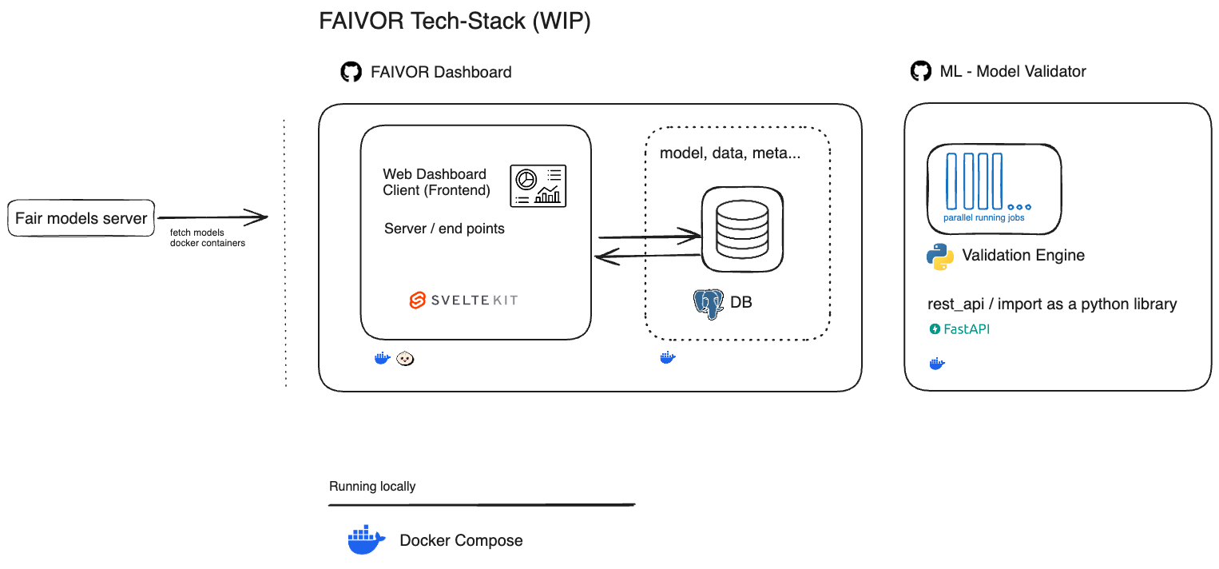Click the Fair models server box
click(x=81, y=218)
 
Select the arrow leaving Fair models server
click(x=212, y=217)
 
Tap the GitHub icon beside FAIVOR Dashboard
click(x=351, y=72)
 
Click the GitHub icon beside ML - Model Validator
click(x=921, y=71)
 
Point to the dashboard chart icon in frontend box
click(x=538, y=186)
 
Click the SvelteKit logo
click(x=463, y=300)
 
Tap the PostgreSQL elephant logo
click(x=709, y=304)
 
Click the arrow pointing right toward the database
click(x=649, y=236)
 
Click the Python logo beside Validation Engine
click(x=940, y=257)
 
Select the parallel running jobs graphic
click(x=994, y=189)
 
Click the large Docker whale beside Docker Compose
click(x=367, y=540)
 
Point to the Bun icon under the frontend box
click(x=406, y=358)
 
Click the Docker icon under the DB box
click(x=668, y=358)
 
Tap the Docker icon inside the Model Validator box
click(x=937, y=364)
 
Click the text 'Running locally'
click(x=372, y=486)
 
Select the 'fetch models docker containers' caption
click(x=208, y=237)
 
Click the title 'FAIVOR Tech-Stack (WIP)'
click(x=455, y=22)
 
